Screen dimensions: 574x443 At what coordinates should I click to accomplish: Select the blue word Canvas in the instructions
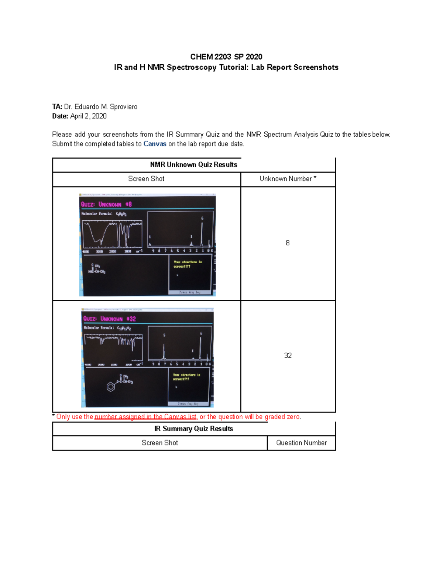point(155,144)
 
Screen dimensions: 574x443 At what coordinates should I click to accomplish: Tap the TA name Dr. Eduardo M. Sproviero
point(100,107)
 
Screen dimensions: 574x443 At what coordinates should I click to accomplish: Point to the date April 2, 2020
point(88,116)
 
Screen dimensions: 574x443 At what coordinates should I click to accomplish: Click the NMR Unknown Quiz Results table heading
point(193,165)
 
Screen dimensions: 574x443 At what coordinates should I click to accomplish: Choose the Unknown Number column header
point(288,179)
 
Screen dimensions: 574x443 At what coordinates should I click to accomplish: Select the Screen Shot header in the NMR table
point(146,179)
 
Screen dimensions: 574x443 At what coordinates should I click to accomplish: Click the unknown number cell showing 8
point(288,243)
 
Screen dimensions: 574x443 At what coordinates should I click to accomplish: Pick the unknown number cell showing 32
point(288,356)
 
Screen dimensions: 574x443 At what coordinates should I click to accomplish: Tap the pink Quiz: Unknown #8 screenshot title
point(106,204)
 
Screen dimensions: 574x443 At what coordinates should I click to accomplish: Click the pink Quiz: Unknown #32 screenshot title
point(109,319)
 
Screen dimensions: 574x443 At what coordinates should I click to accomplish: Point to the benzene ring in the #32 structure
point(110,387)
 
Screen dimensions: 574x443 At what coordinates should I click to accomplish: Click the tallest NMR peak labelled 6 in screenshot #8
point(202,233)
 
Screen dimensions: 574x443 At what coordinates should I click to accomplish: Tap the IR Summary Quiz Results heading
point(193,429)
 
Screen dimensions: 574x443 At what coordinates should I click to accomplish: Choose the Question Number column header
point(301,443)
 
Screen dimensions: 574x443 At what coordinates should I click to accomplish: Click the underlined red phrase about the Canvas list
point(145,417)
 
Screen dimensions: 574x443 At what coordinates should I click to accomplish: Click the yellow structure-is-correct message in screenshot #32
point(186,377)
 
